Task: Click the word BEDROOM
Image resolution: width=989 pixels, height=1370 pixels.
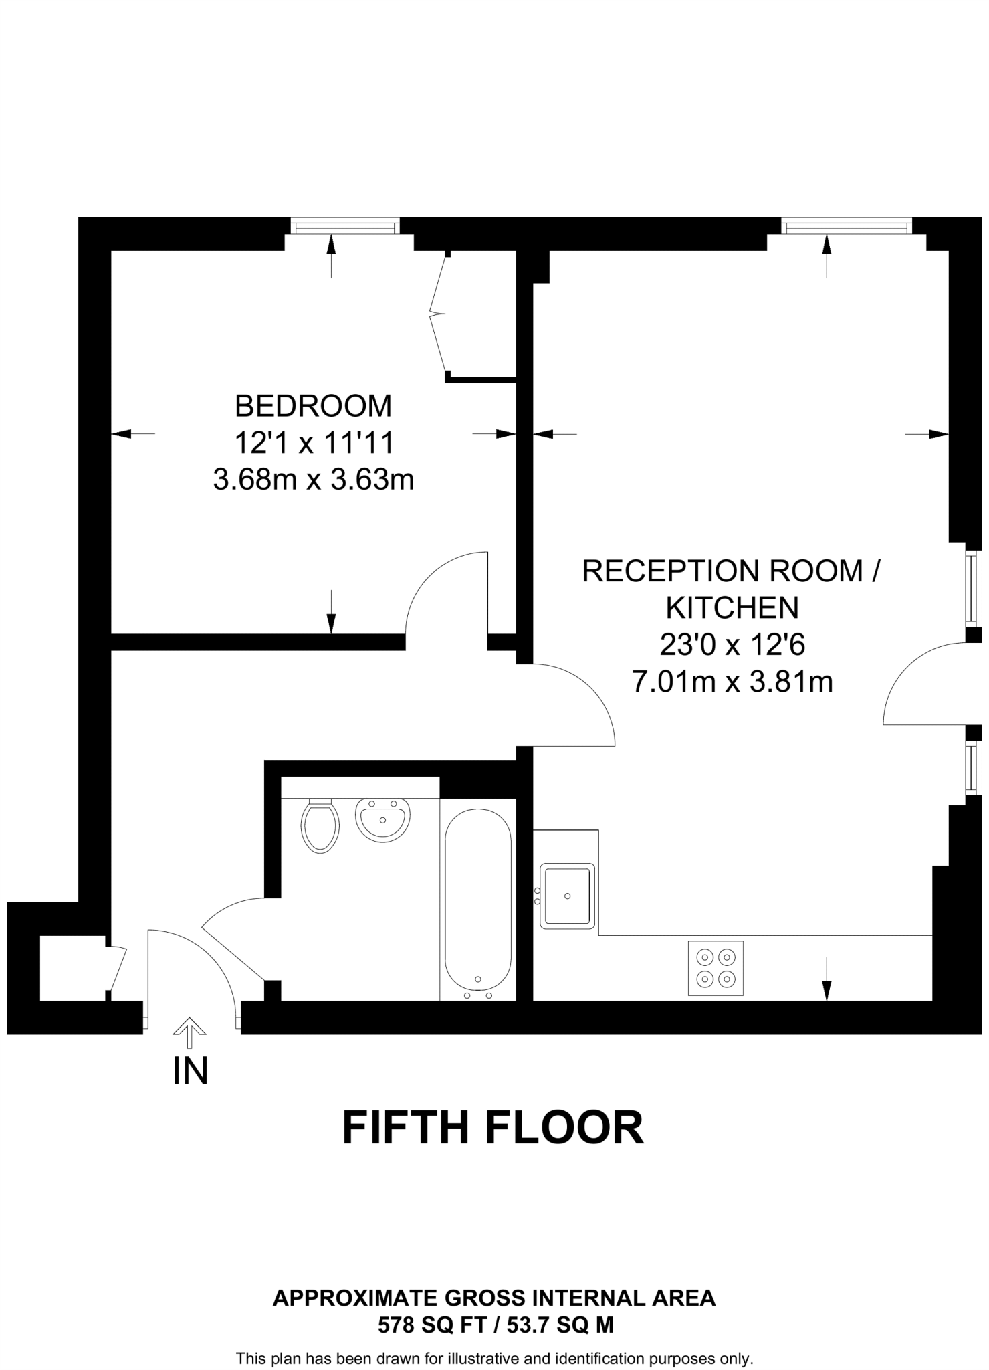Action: (313, 406)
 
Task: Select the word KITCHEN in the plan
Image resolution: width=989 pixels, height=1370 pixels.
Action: (732, 607)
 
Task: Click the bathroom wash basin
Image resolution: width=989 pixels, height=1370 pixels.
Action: (382, 819)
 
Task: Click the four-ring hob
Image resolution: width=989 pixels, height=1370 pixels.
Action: (716, 967)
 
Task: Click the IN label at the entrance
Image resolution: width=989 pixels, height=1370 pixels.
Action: (191, 1070)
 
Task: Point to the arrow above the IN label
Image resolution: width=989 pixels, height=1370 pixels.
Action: (190, 1032)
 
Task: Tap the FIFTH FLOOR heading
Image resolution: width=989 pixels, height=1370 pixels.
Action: (493, 1128)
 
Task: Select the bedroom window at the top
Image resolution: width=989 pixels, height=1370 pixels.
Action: (345, 227)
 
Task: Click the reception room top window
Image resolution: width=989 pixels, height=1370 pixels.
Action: (847, 227)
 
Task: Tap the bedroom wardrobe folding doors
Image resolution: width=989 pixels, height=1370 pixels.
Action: (439, 312)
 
